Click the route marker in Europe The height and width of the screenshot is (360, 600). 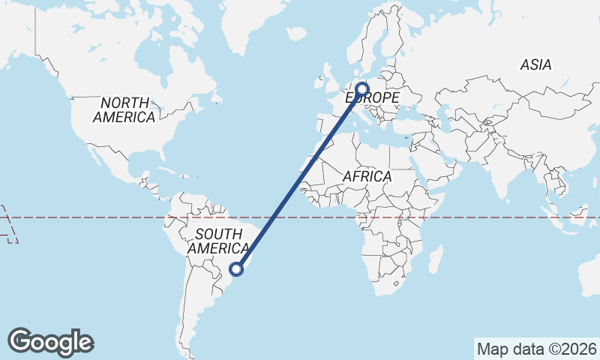coord(362,88)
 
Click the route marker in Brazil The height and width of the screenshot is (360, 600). coord(237,268)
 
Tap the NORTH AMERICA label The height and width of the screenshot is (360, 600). coord(124,109)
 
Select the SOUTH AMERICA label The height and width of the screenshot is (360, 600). coord(218,241)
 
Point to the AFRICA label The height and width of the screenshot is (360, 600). coord(367,176)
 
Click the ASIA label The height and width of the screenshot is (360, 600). coord(535,65)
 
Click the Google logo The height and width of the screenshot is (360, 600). coord(50,342)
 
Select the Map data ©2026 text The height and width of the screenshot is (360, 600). coord(536,349)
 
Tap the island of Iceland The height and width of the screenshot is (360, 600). coord(297,34)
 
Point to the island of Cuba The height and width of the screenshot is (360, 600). coord(166,166)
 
